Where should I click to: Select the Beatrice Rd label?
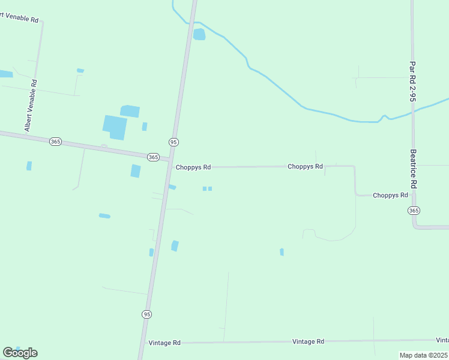(413, 169)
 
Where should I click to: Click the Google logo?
(20, 353)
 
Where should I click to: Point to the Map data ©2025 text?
(424, 355)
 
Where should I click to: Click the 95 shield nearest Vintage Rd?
(147, 314)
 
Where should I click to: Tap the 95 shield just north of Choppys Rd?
(173, 142)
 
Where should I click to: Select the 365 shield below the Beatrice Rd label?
(414, 211)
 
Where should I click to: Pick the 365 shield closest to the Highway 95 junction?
(153, 157)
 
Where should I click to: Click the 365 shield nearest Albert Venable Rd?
(55, 141)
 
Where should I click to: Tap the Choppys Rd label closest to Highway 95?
(193, 167)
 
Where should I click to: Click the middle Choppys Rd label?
(305, 166)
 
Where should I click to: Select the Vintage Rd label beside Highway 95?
(164, 343)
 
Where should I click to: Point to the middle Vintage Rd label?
(308, 341)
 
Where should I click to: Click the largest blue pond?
(115, 127)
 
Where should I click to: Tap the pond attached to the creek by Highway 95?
(199, 34)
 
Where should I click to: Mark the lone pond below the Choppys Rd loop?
(282, 252)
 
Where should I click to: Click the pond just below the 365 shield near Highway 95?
(136, 171)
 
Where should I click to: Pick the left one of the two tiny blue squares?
(205, 188)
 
